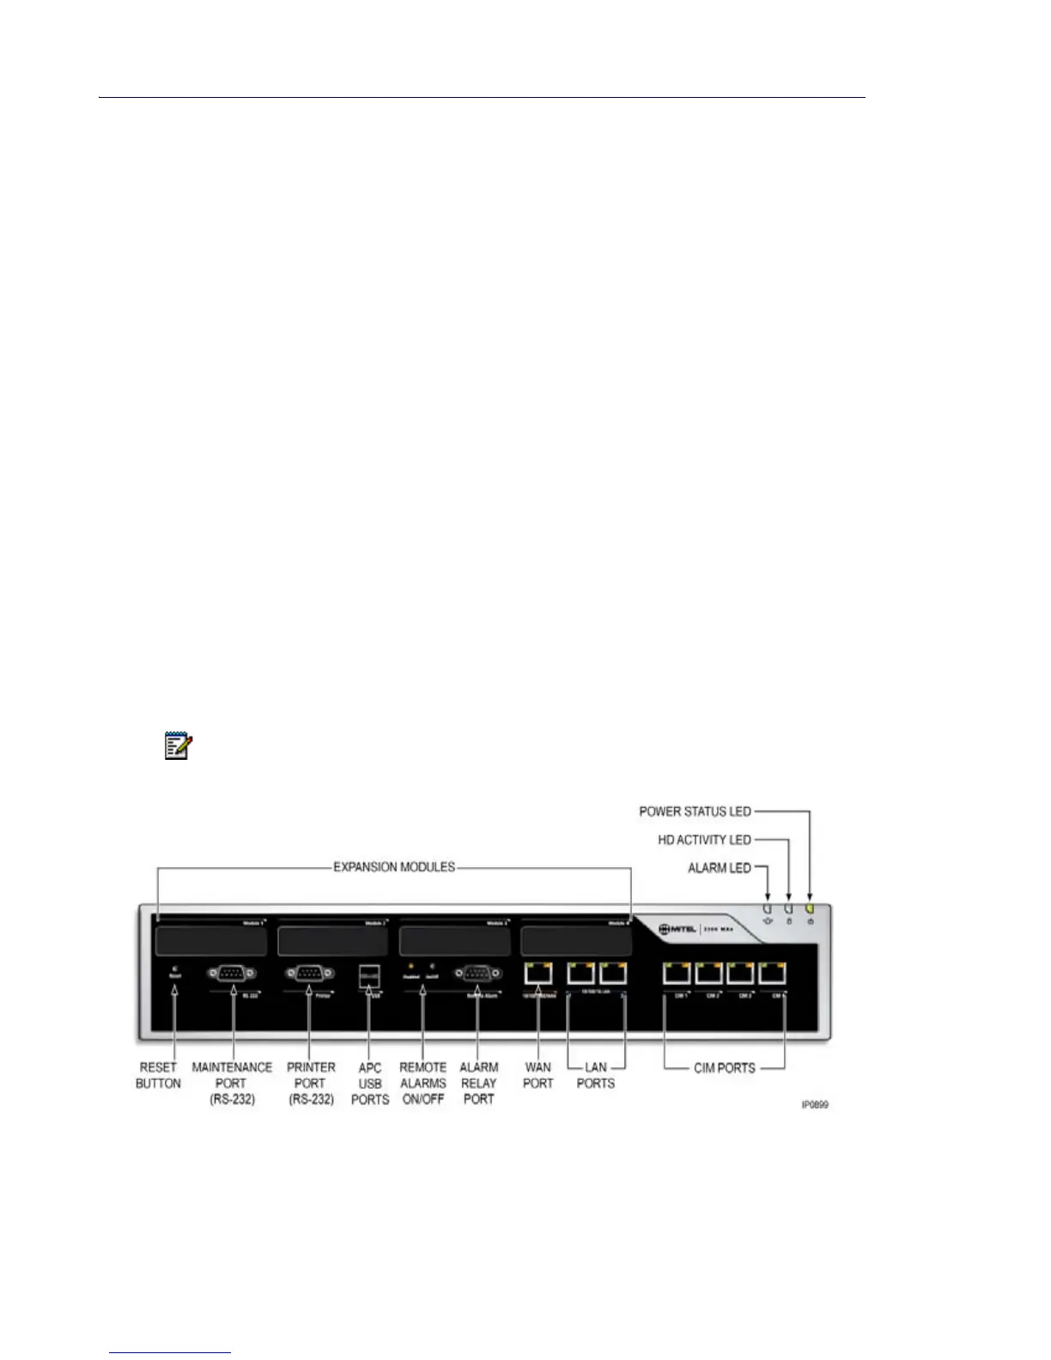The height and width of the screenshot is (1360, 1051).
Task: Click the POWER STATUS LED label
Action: click(x=695, y=811)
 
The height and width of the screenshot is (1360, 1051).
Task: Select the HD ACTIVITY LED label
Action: click(x=704, y=840)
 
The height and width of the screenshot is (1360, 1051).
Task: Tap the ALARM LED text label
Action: click(x=720, y=868)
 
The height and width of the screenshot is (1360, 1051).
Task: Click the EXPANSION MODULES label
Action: click(x=394, y=867)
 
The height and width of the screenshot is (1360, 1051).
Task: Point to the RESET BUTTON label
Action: click(x=158, y=1075)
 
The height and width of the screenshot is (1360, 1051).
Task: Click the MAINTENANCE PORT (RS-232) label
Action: click(x=232, y=1083)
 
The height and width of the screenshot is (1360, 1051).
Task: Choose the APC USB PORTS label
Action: click(x=370, y=1083)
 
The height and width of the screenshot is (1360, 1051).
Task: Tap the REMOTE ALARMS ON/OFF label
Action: click(x=423, y=1083)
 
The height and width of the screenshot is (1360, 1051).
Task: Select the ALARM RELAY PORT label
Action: click(x=479, y=1083)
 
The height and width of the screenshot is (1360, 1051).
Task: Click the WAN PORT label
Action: click(x=538, y=1075)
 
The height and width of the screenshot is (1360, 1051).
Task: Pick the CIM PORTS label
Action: click(x=725, y=1068)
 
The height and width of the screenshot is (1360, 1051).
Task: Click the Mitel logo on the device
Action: click(x=677, y=929)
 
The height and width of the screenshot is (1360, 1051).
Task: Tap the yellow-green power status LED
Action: click(x=810, y=908)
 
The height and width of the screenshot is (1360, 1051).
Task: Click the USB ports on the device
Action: click(x=368, y=976)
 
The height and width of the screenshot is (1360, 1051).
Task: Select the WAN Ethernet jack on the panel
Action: click(x=538, y=974)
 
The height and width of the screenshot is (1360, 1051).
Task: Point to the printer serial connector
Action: click(x=309, y=973)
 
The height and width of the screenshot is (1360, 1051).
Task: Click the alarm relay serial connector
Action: click(x=477, y=973)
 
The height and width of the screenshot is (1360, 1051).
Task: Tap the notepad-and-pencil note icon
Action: click(x=178, y=745)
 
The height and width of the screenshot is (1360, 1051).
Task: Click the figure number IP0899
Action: click(x=815, y=1104)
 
